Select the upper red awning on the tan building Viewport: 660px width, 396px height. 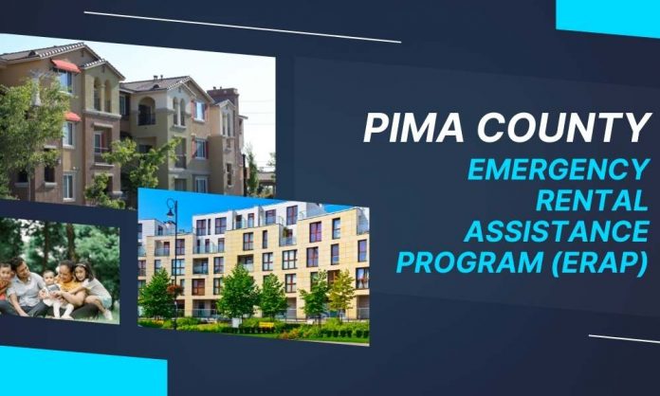[x=65, y=65]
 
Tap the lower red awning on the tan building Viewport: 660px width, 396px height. [x=72, y=117]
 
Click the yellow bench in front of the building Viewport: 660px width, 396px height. [x=266, y=325]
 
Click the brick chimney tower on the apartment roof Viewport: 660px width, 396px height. [x=225, y=95]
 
